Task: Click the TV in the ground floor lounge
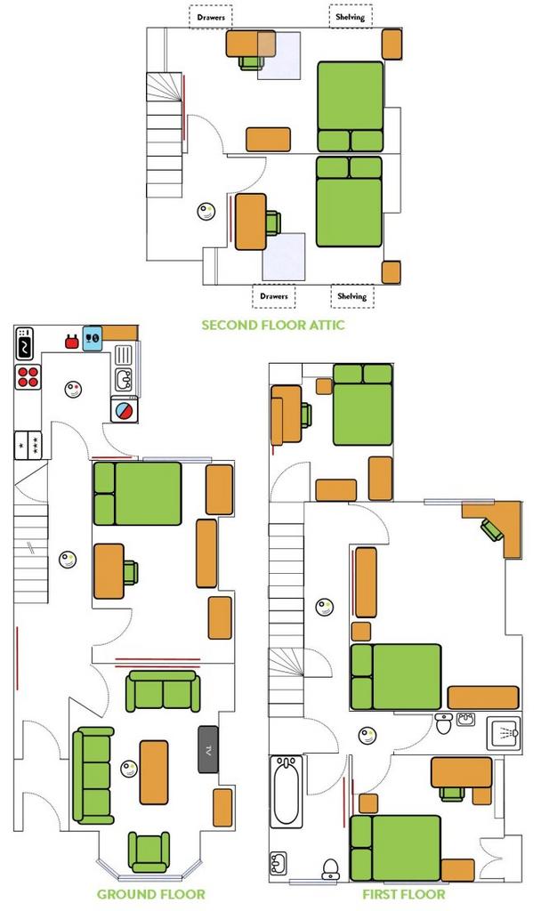pyautogui.click(x=208, y=749)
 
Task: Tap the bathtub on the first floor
pyautogui.click(x=286, y=791)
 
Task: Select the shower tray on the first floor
pyautogui.click(x=504, y=733)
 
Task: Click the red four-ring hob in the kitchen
pyautogui.click(x=28, y=377)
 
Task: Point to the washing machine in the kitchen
pyautogui.click(x=125, y=409)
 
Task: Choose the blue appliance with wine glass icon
pyautogui.click(x=93, y=337)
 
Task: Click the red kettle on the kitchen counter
pyautogui.click(x=71, y=342)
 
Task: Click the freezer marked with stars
pyautogui.click(x=27, y=446)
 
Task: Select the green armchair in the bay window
pyautogui.click(x=149, y=852)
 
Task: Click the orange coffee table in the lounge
pyautogui.click(x=154, y=772)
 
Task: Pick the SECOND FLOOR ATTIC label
pyautogui.click(x=273, y=325)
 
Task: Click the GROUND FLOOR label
pyautogui.click(x=150, y=894)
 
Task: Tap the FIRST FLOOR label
pyautogui.click(x=404, y=894)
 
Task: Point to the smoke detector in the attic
pyautogui.click(x=206, y=212)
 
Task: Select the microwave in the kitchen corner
pyautogui.click(x=24, y=344)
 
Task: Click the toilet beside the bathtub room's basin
pyautogui.click(x=331, y=869)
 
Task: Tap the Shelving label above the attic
pyautogui.click(x=351, y=17)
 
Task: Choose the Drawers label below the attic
pyautogui.click(x=274, y=295)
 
